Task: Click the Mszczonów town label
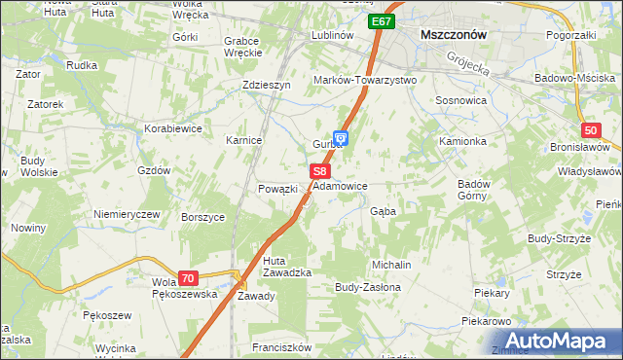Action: point(453,33)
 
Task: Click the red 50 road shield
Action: point(591,130)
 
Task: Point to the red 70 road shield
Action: point(189,277)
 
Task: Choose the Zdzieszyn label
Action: point(267,85)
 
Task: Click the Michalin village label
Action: point(391,265)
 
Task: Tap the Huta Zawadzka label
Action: point(287,267)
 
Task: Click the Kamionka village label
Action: point(461,141)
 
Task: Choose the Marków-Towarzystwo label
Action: point(364,80)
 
